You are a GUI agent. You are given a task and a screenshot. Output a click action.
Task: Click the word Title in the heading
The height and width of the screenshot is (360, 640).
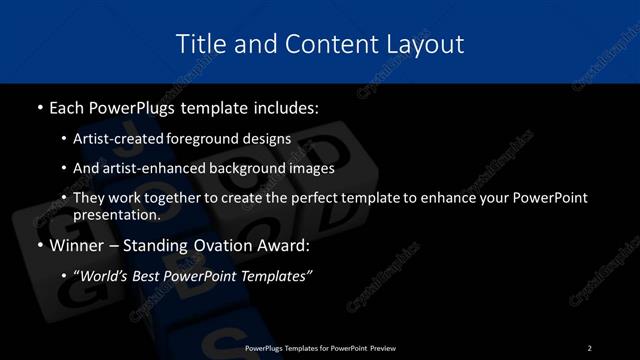point(198,44)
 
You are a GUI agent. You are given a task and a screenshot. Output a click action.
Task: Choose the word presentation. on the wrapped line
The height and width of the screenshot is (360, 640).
point(117,214)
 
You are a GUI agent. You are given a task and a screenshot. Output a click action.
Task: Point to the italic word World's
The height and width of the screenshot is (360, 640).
point(108,276)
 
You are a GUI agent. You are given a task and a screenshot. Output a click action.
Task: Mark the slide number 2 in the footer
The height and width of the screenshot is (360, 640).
point(590,348)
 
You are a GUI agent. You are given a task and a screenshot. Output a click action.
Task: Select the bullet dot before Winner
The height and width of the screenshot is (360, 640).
point(38,245)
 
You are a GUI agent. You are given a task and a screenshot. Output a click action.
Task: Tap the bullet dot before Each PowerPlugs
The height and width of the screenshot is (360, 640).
point(38,106)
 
